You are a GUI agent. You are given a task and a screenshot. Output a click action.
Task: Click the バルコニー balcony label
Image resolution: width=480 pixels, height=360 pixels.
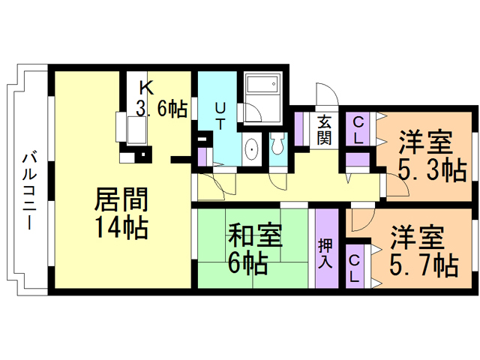point(30,192)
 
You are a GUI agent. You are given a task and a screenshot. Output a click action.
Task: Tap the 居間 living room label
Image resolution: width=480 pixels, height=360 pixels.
point(121,199)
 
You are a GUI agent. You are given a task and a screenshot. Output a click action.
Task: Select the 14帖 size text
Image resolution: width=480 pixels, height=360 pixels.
point(121,227)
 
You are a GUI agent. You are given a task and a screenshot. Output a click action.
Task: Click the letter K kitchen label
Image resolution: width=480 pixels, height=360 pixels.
point(146,88)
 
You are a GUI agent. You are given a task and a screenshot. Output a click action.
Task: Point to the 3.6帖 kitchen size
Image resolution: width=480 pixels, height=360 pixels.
point(161,108)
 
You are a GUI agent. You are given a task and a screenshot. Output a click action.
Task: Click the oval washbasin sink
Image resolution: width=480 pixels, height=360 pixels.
point(252,150)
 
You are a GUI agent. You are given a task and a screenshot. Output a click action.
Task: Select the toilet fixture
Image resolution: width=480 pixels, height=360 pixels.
point(277,143)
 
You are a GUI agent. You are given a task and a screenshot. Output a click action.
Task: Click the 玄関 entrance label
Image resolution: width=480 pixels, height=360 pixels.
point(324,130)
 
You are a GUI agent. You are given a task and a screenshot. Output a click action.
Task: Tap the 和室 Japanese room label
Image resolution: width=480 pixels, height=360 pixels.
point(255,235)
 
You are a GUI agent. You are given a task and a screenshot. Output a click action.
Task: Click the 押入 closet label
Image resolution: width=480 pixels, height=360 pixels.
point(325,253)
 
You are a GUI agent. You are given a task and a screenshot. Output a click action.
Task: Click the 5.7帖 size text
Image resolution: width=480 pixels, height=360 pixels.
point(424,265)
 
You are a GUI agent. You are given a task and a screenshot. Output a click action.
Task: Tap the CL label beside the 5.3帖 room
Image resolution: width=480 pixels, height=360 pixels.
point(358,130)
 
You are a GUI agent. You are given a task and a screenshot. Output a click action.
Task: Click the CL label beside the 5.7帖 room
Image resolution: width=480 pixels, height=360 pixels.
point(354,268)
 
